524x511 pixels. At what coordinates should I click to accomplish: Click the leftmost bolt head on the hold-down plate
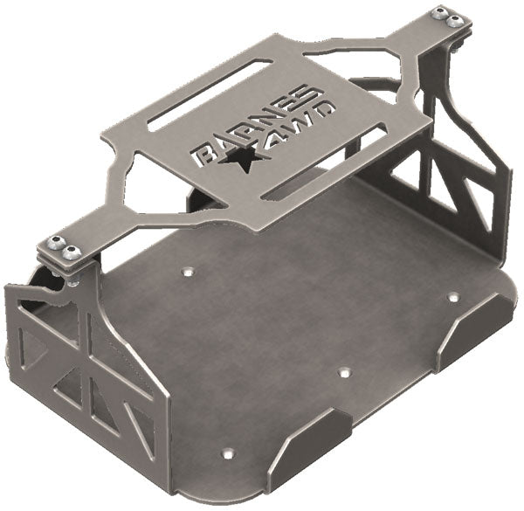point(57,243)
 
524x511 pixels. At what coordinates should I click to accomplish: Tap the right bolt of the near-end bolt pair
point(73,252)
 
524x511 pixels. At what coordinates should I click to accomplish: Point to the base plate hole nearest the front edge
point(229,453)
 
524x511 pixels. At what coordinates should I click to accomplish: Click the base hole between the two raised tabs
point(343,372)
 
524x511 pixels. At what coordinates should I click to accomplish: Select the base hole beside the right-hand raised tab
point(453,297)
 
